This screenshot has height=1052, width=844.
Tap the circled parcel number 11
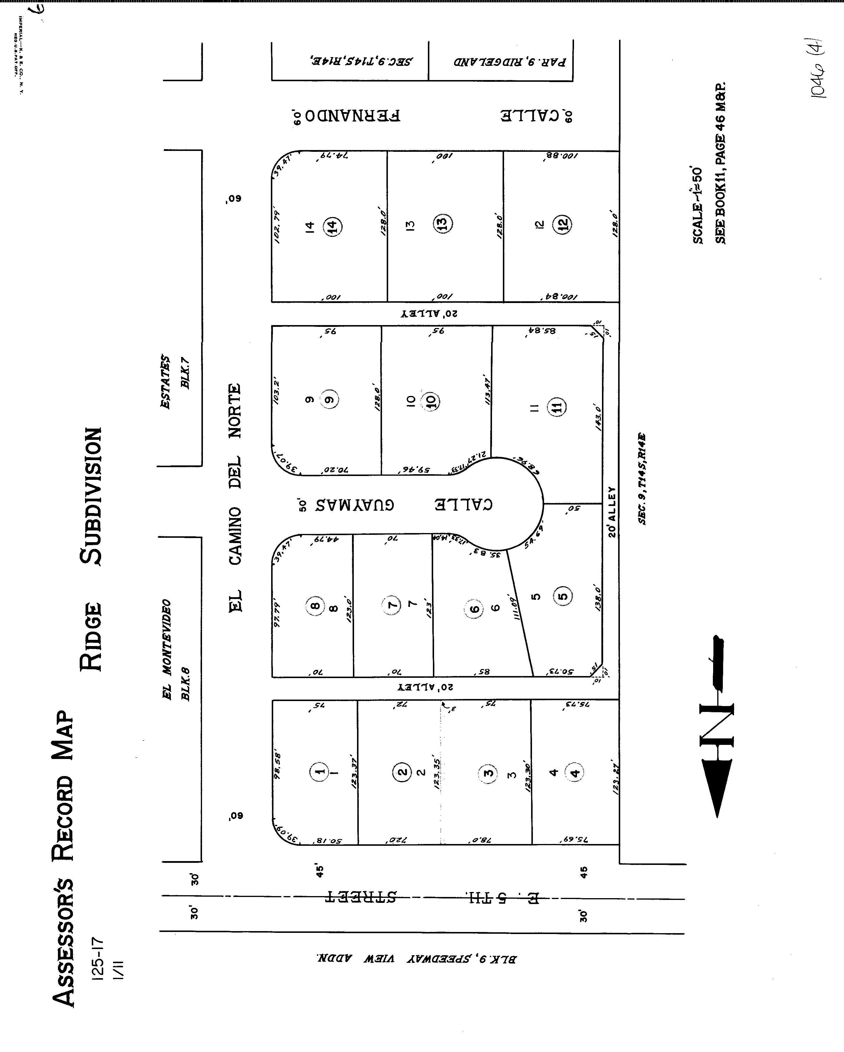557,407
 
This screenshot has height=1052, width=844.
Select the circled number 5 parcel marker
563,596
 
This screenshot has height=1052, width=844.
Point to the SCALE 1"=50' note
698,205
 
